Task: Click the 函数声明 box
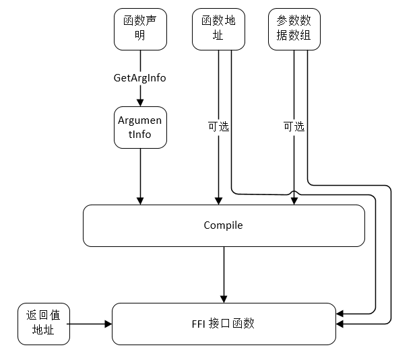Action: pos(139,30)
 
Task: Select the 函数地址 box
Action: pos(218,30)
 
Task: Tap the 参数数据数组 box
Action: pos(294,30)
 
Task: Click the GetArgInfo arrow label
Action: pos(139,78)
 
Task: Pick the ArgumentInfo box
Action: pos(139,127)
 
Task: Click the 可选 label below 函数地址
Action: pos(218,127)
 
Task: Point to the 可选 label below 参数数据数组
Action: pos(294,127)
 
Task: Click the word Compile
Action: pos(223,225)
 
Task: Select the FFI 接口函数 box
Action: pos(223,324)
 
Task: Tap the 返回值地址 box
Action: pos(43,324)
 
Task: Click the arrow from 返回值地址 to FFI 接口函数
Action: pos(90,324)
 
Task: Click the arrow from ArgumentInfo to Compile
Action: pos(140,175)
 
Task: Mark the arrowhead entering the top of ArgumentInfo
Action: pos(140,102)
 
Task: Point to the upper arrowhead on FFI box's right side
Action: pos(340,314)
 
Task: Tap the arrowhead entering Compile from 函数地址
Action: pos(218,201)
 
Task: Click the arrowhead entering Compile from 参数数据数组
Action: pos(294,201)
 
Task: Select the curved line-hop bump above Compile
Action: pos(294,193)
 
